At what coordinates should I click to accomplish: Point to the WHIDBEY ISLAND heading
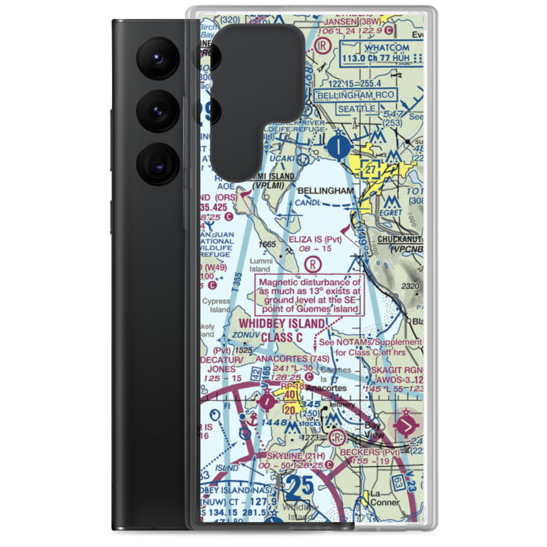[281, 324]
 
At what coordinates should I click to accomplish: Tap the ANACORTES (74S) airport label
[293, 359]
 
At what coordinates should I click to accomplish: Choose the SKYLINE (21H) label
[295, 456]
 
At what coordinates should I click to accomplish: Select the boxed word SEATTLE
[356, 109]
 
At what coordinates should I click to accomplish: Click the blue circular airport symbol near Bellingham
[341, 146]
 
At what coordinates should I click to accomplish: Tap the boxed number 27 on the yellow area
[371, 171]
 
